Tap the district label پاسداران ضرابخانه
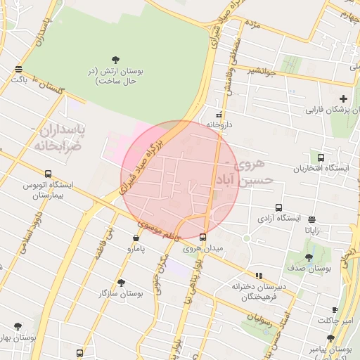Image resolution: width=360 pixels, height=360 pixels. click(56, 138)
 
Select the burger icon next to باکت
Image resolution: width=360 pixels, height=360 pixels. click(18, 69)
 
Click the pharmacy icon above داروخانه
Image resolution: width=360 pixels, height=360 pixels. click(219, 115)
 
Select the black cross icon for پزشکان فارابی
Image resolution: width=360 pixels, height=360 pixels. click(343, 98)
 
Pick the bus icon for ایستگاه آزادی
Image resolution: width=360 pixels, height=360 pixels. click(279, 208)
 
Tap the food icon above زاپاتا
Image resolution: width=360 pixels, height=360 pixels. click(311, 219)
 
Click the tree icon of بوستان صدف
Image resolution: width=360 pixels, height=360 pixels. click(309, 258)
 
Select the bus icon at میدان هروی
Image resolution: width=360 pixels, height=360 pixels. click(203, 238)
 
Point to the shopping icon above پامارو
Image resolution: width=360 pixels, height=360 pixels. click(135, 238)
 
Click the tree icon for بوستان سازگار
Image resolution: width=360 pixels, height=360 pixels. click(121, 283)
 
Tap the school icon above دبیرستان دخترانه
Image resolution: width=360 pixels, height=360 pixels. click(259, 276)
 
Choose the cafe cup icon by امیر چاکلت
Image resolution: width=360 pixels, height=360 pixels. click(335, 309)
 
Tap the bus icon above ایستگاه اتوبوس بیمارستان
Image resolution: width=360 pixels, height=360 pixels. click(48, 174)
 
